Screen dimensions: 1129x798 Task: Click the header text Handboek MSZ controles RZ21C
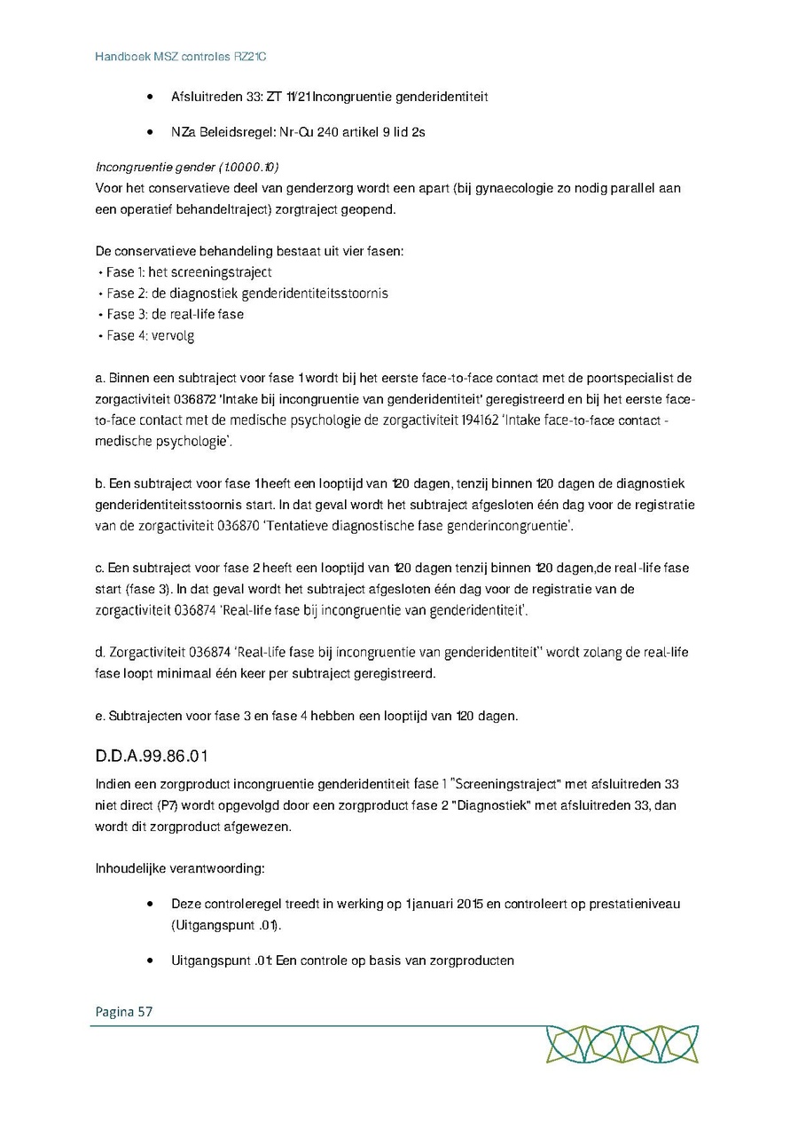tap(181, 57)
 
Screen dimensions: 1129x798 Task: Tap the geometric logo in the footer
tap(622, 1045)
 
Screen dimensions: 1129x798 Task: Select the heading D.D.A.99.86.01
tap(152, 757)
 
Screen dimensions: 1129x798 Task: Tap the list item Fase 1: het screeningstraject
tap(189, 272)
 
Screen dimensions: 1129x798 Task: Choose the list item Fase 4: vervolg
tap(150, 335)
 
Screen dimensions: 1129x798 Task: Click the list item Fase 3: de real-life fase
tap(175, 314)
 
